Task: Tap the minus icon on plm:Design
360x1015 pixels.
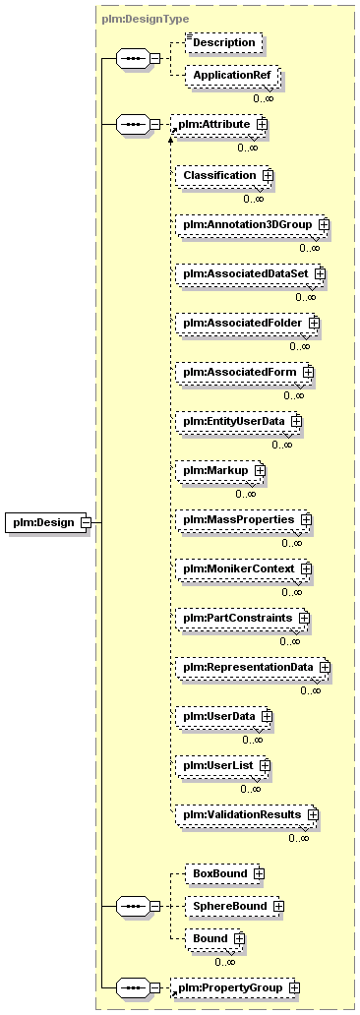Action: pos(85,522)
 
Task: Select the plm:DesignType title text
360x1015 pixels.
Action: pos(136,20)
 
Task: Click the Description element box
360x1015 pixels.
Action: pos(224,42)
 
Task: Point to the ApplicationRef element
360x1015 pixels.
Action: pos(232,77)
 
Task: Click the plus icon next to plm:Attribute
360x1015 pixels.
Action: pos(262,123)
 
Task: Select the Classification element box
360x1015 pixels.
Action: pos(224,175)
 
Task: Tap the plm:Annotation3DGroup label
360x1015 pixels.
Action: pos(248,224)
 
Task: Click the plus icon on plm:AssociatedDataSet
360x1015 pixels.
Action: pos(320,274)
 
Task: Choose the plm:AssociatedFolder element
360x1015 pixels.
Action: pos(248,324)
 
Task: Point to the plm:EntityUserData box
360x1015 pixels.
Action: pos(239,422)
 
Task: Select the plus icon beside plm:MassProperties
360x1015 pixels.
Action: pos(307,520)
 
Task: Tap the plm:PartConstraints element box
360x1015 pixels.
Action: pos(242,619)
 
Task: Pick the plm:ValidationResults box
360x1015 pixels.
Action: pos(247,815)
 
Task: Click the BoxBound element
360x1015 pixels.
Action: pos(224,874)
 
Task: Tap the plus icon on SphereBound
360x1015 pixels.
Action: pos(278,907)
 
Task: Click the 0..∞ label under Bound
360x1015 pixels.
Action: pos(224,962)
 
